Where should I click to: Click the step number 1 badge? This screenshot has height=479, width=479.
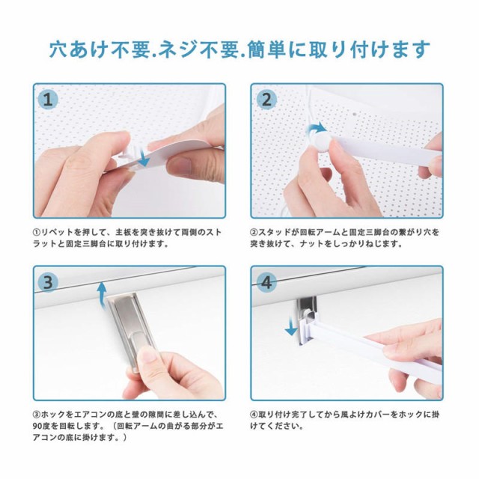[x=48, y=100]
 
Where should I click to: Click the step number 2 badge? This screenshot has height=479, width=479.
[x=266, y=100]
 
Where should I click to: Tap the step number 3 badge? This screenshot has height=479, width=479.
[x=48, y=282]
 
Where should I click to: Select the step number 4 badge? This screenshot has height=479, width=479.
[x=266, y=282]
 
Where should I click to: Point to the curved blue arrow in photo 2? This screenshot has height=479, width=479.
[x=317, y=128]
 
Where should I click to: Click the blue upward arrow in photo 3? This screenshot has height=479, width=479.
[x=103, y=294]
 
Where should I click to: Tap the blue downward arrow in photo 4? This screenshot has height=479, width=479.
[x=290, y=327]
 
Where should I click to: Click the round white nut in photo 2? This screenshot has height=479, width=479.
[x=323, y=142]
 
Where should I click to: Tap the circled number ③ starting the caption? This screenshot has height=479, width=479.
[x=37, y=415]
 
